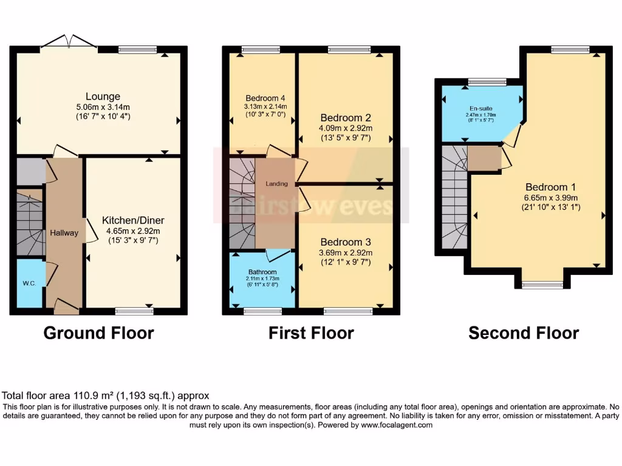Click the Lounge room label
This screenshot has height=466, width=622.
point(103,96)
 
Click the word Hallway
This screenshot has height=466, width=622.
point(64,232)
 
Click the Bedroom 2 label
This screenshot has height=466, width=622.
point(346,117)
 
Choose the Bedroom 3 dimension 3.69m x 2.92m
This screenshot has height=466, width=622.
point(346,252)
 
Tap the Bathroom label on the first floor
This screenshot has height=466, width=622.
point(262,272)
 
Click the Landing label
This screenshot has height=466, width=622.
point(277,183)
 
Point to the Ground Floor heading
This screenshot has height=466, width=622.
point(98,333)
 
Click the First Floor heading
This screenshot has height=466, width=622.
point(311,333)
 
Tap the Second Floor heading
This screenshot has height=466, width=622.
point(524,333)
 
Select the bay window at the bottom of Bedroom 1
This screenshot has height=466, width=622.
point(542,283)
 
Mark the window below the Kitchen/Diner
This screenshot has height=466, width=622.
point(134,311)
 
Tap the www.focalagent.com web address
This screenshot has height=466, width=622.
point(396,425)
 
